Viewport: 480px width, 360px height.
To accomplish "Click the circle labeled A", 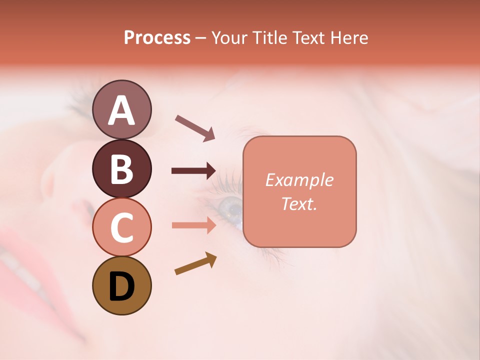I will click(122, 109).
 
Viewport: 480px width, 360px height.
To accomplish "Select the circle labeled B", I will click(122, 168).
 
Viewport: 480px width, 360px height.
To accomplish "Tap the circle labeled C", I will click(122, 227).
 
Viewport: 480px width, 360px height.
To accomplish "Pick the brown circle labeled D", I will click(122, 285).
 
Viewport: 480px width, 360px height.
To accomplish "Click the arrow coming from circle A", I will click(195, 127).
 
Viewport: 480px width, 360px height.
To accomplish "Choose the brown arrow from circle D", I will click(195, 263).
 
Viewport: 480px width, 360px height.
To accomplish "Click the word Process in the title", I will click(157, 38).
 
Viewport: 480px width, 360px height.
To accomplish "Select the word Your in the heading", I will click(230, 38).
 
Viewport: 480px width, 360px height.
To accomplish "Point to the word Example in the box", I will click(299, 180).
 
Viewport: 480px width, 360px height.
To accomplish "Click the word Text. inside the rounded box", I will click(299, 203).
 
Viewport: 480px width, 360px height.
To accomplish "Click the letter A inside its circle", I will click(122, 110).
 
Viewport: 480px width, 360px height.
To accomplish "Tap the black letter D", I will click(122, 286).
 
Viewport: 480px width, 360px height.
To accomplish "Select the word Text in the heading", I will click(309, 38).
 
